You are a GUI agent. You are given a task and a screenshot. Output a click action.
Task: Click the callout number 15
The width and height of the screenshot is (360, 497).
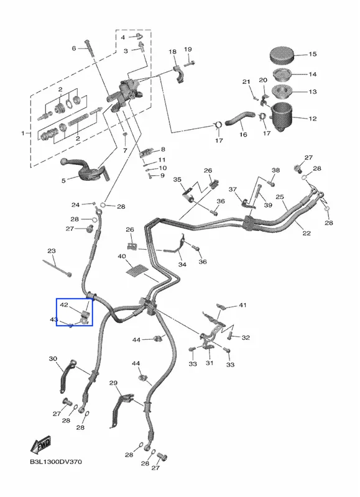312,54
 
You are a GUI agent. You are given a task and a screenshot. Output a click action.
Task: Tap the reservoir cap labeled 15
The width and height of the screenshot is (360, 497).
281,55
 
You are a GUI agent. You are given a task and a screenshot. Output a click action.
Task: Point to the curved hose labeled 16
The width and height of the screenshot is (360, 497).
240,117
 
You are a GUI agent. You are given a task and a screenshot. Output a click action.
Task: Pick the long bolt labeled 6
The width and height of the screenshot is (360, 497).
89,48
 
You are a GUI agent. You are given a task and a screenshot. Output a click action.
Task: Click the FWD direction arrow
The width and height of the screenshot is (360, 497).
40,445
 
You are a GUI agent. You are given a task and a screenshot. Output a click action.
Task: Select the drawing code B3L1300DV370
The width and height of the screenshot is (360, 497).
56,462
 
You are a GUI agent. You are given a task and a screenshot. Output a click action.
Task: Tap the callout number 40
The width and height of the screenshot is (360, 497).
122,256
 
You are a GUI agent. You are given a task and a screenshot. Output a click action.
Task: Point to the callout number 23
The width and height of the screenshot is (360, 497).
52,251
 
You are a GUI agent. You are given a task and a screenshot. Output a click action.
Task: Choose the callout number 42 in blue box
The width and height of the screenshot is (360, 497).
64,305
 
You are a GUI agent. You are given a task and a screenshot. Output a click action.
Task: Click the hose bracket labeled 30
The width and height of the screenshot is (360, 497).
67,376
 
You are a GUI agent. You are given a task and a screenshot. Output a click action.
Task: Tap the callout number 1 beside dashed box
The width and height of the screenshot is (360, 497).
23,134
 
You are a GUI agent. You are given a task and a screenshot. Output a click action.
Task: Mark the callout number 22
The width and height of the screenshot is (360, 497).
307,233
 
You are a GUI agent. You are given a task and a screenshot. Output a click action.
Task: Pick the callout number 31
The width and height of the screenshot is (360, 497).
210,363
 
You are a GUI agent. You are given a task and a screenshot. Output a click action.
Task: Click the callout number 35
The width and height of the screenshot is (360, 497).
177,180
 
